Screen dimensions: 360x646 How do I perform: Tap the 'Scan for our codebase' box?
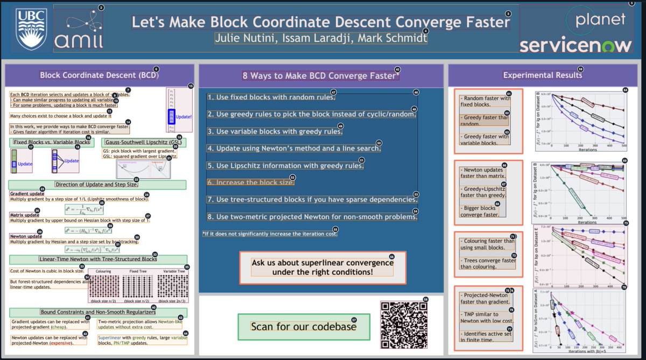304,327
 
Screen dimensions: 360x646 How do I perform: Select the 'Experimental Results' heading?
542,75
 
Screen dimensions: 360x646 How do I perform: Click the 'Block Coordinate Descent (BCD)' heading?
99,75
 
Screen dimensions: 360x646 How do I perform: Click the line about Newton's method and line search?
294,148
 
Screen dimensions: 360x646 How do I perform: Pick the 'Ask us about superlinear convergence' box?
322,267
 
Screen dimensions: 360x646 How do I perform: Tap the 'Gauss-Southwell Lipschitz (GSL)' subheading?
143,143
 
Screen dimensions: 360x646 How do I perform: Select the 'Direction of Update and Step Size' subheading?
97,185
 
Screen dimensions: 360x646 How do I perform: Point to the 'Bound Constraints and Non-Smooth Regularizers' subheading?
98,312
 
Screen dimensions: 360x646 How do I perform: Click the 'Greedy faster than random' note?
484,121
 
